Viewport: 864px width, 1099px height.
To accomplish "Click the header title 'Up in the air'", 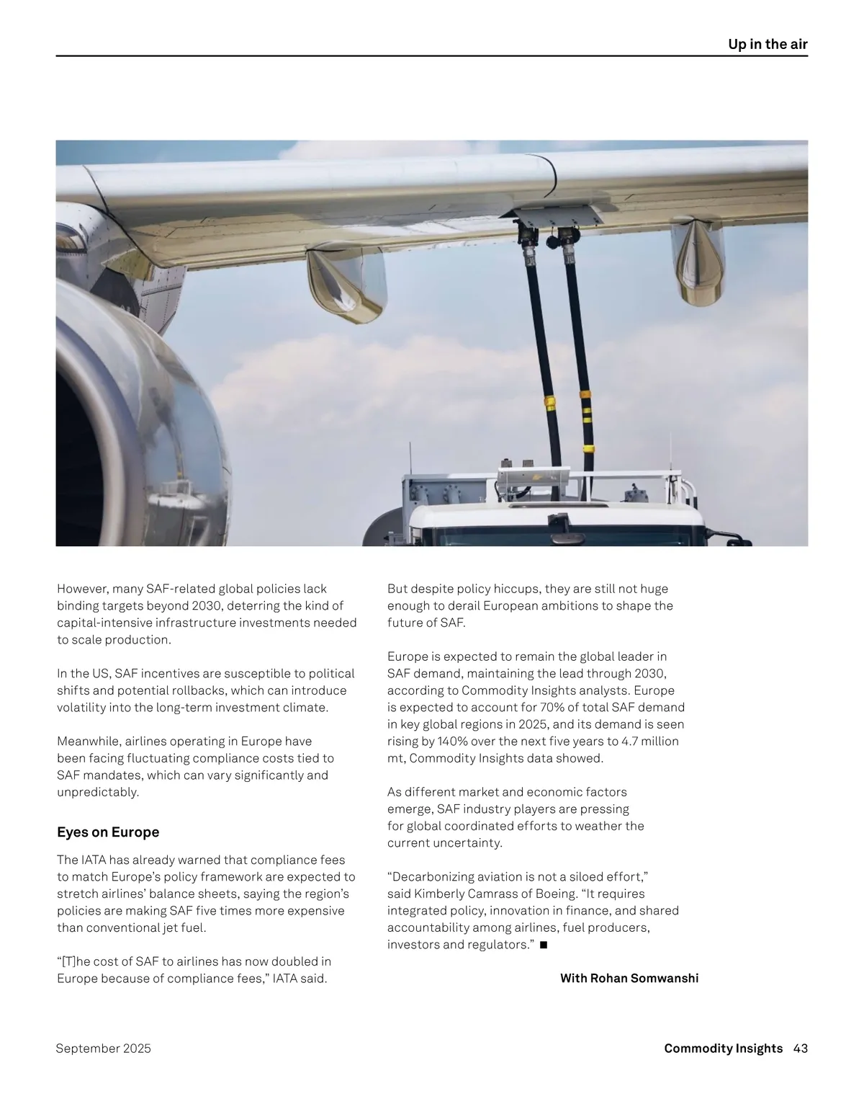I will tap(768, 44).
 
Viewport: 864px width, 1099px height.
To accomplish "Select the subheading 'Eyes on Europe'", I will tap(108, 832).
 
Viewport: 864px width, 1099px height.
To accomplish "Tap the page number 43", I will tap(801, 1049).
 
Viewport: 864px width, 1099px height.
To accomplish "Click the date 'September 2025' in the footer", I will tap(104, 1049).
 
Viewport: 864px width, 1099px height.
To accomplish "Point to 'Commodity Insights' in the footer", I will tap(723, 1049).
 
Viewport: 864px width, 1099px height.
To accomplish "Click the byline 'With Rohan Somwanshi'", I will tap(629, 978).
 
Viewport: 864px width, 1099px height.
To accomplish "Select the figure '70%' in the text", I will tap(553, 707).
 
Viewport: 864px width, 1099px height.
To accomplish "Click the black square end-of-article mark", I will tap(543, 945).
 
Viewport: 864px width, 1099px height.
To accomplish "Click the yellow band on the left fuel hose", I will tap(549, 401).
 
